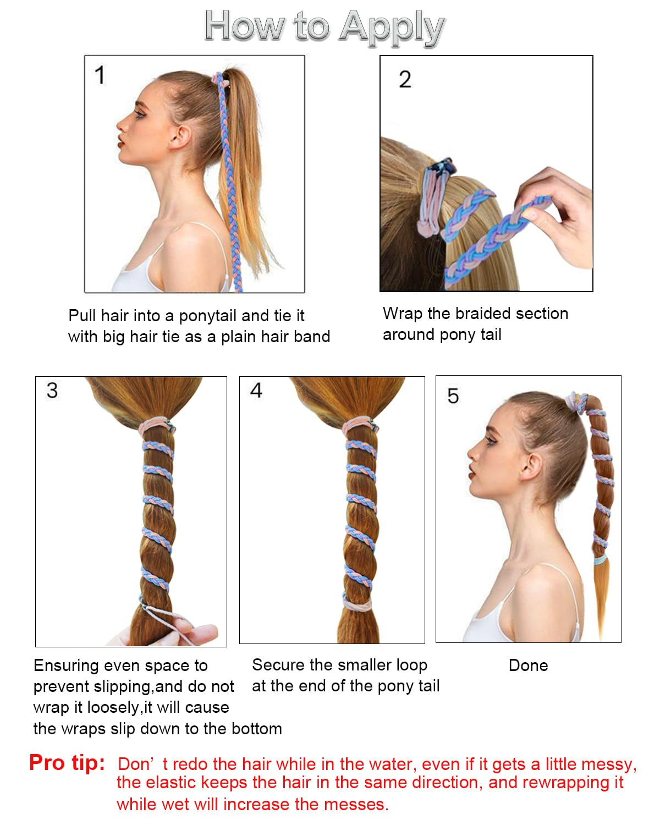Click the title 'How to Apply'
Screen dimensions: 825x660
324,26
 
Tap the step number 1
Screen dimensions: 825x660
100,75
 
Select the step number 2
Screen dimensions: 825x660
405,80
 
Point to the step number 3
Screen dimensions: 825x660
52,391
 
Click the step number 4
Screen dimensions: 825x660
256,391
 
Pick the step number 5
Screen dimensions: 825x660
453,396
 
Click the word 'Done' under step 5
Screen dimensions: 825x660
528,665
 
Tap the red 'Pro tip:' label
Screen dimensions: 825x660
67,763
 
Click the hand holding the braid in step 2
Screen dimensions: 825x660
555,215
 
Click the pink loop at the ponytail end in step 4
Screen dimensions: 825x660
358,603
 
